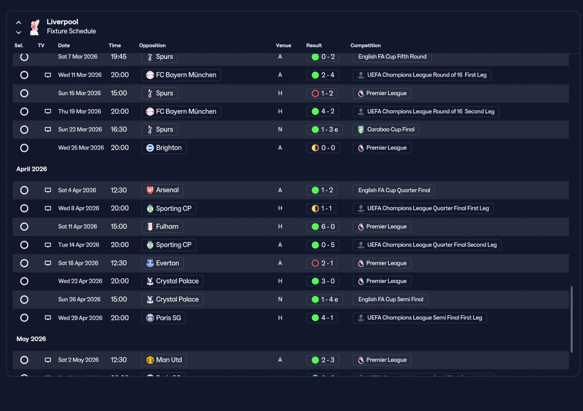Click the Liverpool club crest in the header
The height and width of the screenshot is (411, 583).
click(35, 27)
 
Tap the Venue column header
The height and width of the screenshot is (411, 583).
click(283, 46)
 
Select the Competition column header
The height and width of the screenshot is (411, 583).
click(365, 46)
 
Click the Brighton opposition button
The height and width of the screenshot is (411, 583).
click(164, 148)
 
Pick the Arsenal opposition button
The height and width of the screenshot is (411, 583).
click(162, 190)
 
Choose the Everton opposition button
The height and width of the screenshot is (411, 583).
click(163, 263)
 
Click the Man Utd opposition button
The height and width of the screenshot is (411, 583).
click(164, 360)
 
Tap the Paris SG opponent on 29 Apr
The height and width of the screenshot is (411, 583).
click(164, 318)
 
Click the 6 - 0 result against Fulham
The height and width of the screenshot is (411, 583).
click(323, 227)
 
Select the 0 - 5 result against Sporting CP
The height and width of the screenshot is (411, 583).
click(323, 245)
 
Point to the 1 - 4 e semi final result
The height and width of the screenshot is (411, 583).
click(325, 299)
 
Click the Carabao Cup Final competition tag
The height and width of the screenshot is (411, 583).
click(386, 130)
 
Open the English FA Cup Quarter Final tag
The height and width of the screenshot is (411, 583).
click(394, 190)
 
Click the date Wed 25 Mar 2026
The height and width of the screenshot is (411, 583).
click(81, 148)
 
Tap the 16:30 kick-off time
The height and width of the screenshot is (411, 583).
click(119, 130)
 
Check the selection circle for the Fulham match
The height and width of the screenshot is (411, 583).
click(24, 227)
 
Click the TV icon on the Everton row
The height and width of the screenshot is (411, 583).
click(48, 263)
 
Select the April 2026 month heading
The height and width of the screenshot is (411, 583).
click(32, 169)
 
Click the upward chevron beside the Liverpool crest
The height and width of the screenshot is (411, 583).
click(19, 23)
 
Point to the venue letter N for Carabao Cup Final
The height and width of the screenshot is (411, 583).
click(280, 130)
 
